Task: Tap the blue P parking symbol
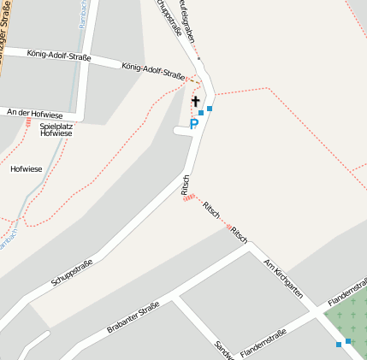(194, 125)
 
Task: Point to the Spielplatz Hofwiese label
(56, 130)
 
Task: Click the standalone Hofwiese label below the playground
(27, 169)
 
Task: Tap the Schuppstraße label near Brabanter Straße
(72, 273)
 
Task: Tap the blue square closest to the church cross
(201, 112)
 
